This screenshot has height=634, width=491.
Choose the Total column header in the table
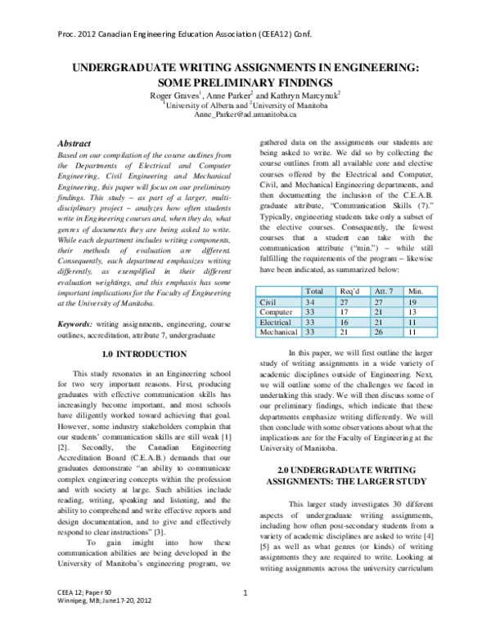pos(313,291)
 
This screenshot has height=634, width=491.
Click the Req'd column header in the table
pos(349,291)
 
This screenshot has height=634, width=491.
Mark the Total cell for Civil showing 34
pos(310,301)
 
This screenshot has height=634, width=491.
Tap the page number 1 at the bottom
pos(245,614)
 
